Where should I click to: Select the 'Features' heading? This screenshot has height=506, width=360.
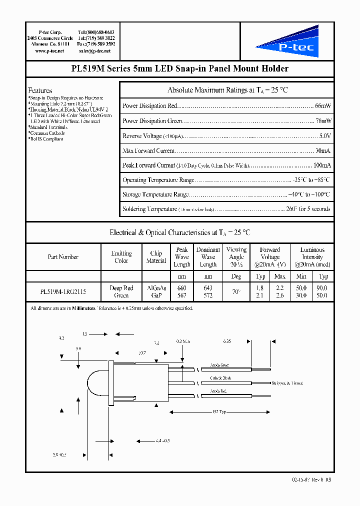[40, 90]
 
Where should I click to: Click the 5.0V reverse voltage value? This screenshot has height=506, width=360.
[324, 136]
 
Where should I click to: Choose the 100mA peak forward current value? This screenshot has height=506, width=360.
[321, 165]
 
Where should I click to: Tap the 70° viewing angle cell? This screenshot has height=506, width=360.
[236, 292]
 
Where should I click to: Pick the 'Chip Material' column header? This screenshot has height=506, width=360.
[156, 257]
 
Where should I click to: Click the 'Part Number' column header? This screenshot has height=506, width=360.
[63, 257]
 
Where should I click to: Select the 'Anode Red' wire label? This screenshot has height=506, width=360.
[219, 391]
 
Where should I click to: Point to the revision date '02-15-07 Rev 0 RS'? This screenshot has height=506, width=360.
[311, 479]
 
